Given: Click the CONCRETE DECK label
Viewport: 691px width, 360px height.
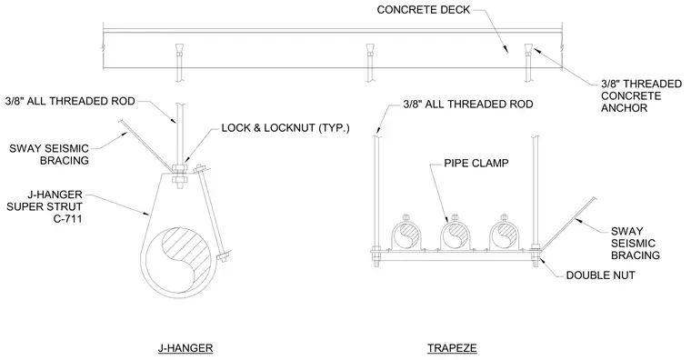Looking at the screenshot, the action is [423, 10].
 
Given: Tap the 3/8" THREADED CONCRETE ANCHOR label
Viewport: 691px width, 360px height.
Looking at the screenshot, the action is [641, 96].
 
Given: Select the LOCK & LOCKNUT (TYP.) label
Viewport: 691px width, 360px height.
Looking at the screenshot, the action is [285, 128].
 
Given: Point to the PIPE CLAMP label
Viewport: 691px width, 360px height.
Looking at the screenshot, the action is [476, 164].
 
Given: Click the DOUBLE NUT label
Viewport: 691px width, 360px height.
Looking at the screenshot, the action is [600, 275].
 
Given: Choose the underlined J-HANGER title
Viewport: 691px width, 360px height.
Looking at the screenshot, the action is [185, 348].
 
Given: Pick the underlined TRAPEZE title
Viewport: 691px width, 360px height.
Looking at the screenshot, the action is [452, 348].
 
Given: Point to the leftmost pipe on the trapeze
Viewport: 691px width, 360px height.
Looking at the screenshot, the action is [406, 235].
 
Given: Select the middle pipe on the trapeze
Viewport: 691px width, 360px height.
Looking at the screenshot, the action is [455, 235].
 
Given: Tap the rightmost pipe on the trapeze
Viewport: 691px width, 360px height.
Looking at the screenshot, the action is [504, 235].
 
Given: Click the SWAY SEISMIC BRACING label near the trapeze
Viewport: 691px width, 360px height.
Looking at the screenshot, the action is [635, 244].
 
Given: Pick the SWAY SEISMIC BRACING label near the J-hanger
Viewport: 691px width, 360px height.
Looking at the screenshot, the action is [49, 155].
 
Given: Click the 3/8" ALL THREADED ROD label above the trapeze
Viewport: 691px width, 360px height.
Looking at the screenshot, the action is [468, 105].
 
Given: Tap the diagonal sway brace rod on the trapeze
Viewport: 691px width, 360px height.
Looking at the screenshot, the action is [568, 224].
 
